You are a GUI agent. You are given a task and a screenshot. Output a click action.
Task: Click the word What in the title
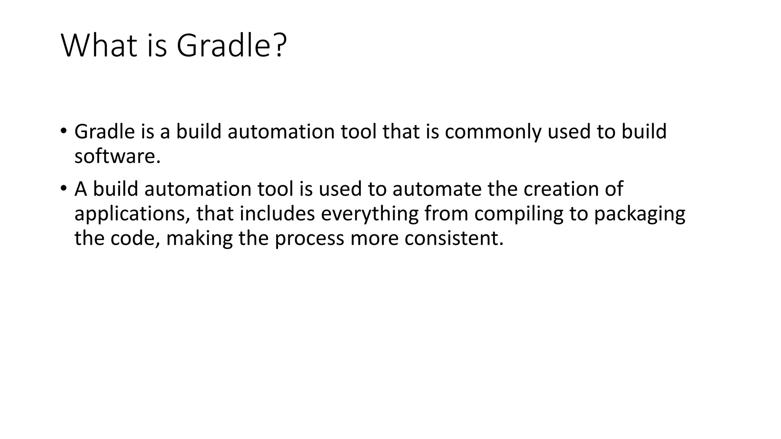(99, 46)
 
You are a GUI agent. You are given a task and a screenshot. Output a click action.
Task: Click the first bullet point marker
(63, 131)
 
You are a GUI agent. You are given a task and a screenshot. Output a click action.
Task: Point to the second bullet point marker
(63, 188)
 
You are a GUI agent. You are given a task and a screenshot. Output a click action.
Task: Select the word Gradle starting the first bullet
(104, 131)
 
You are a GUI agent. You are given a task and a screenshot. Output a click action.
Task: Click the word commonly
(493, 132)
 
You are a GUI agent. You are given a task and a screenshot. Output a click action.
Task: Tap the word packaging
(639, 214)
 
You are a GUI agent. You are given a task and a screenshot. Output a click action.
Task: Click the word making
(199, 239)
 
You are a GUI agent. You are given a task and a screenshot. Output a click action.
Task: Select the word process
(309, 239)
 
